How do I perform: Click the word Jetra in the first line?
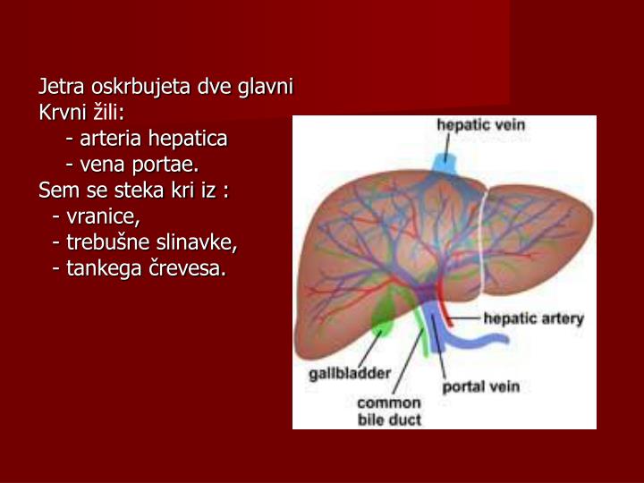[58, 89]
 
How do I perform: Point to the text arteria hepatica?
[153, 140]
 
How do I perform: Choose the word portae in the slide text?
[169, 165]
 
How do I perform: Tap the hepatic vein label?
[480, 126]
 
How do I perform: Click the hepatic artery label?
[533, 318]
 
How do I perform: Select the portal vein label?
[481, 387]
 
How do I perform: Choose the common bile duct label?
[389, 410]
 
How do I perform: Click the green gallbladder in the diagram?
[384, 314]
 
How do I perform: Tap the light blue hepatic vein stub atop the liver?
[443, 164]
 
